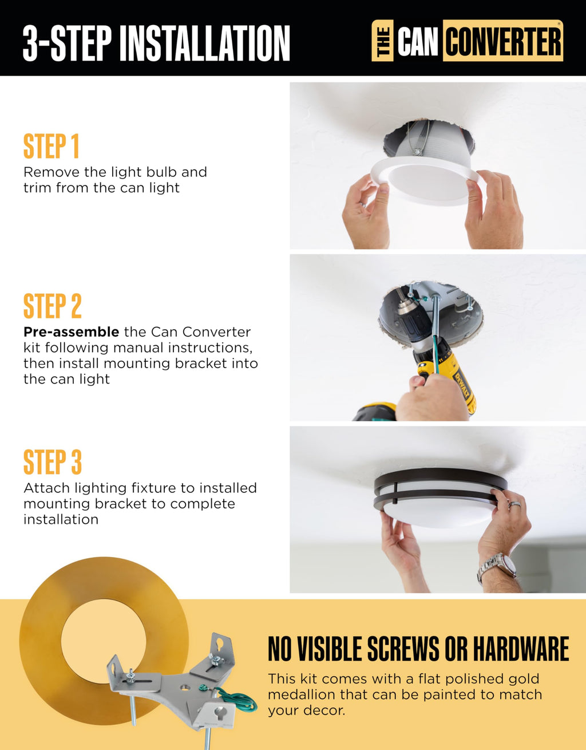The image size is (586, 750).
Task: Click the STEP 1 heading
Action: point(52,147)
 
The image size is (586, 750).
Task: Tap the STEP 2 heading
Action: point(53,306)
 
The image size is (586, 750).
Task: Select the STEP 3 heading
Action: point(53,462)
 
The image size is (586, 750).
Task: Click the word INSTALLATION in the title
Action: point(205,44)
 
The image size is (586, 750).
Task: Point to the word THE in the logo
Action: point(383,41)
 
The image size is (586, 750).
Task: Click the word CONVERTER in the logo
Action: point(503,41)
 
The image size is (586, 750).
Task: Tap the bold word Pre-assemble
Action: point(72,332)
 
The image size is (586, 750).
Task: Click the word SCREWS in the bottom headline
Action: point(403,649)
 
